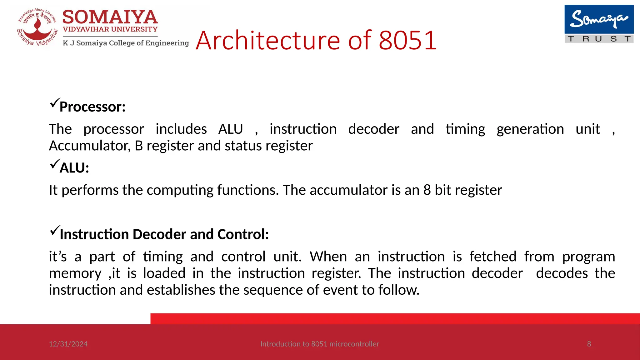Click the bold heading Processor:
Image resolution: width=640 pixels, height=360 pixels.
click(x=92, y=107)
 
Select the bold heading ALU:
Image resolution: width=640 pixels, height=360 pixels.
click(x=74, y=168)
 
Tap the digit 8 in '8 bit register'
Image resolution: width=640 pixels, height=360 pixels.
click(x=427, y=190)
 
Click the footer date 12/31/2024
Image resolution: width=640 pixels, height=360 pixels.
click(x=68, y=344)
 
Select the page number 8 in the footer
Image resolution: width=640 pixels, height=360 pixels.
click(x=589, y=344)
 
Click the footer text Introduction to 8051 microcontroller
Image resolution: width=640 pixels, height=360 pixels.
click(x=319, y=344)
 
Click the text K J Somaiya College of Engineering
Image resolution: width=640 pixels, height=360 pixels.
click(x=126, y=43)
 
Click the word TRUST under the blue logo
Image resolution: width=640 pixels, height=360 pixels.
click(x=599, y=39)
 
